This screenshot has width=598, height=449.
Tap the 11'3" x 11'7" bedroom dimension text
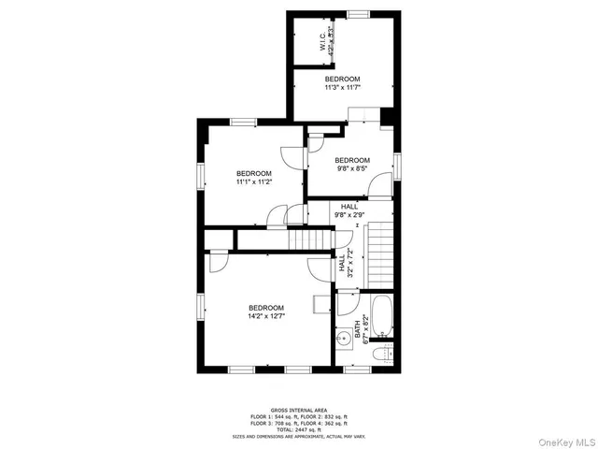click(x=342, y=87)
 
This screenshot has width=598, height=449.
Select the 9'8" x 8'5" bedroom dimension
click(x=352, y=169)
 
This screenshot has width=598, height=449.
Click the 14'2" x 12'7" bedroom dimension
click(x=266, y=316)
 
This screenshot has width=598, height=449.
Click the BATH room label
click(x=357, y=329)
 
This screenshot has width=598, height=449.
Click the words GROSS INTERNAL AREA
click(x=298, y=410)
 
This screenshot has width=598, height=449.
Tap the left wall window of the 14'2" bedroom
click(x=199, y=307)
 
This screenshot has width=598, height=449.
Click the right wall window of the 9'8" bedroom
click(x=397, y=166)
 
